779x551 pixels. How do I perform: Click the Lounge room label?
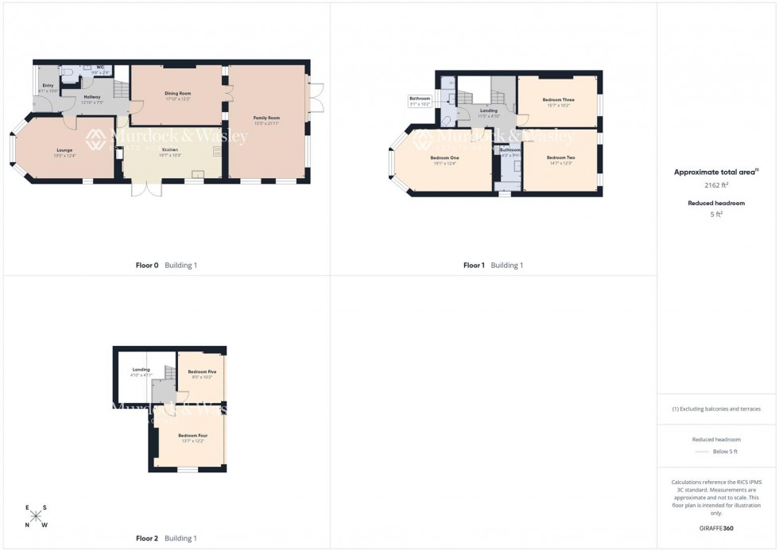coord(64,150)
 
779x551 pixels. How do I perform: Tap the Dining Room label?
coord(178,94)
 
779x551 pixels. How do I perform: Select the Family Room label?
coord(266,118)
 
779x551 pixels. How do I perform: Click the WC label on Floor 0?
coord(100,68)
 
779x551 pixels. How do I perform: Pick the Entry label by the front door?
coord(48,86)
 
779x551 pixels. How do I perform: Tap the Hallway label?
coord(92,97)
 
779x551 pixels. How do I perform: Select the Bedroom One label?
coord(444,157)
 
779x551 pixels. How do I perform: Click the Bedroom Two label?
coord(560,157)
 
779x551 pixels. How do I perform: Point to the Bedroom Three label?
coord(558,100)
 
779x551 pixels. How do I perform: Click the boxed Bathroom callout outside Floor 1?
coord(420,101)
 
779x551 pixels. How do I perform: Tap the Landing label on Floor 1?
coord(489,111)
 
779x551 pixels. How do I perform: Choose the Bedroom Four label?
coord(192,436)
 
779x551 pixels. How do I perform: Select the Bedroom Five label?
coord(202,372)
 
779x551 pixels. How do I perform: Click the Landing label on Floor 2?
coord(141,370)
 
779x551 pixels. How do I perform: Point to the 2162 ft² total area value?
coord(716,184)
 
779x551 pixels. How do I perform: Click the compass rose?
coord(36,516)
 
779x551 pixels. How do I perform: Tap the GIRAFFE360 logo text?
coord(716,527)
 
